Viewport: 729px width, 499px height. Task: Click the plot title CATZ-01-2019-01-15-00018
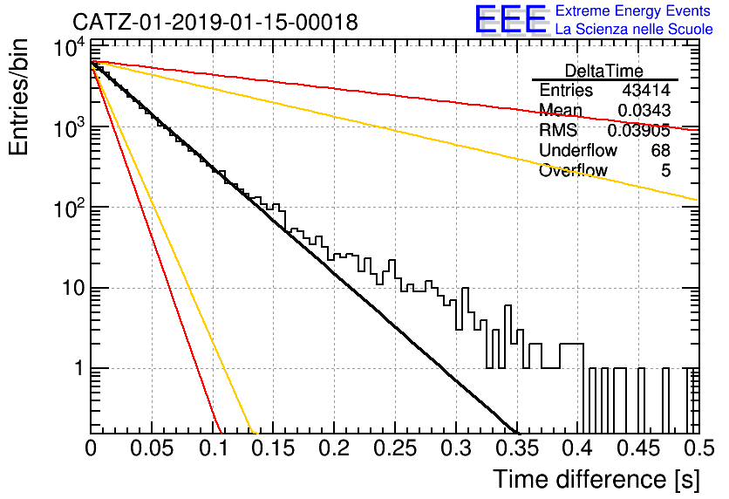click(215, 22)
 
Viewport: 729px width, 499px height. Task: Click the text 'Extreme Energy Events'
click(633, 10)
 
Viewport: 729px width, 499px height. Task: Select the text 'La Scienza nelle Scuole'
click(634, 30)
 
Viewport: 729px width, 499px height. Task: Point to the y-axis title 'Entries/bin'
click(19, 97)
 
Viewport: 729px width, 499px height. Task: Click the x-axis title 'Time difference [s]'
click(596, 479)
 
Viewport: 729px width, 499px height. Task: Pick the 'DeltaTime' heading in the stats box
click(604, 71)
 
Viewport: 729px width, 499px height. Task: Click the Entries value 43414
click(646, 90)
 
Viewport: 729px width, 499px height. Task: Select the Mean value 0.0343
click(644, 110)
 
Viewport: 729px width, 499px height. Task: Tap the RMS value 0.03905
click(639, 131)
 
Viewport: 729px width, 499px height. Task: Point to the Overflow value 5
click(665, 171)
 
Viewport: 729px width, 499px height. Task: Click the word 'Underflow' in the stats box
click(578, 150)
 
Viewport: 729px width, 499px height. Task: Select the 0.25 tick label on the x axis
click(395, 448)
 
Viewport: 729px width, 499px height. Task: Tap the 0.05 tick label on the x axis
click(152, 448)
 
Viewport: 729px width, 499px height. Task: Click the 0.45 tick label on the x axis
click(639, 448)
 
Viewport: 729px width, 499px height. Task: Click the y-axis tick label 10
click(73, 289)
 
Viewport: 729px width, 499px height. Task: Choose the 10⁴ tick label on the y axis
click(69, 47)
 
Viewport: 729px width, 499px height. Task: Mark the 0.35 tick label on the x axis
click(517, 448)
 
